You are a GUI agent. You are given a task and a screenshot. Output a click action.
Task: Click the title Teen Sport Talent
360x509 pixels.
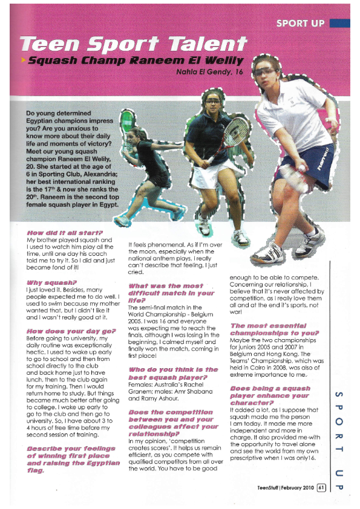click(x=134, y=44)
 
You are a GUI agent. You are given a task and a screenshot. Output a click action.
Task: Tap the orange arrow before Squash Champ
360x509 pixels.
click(x=23, y=60)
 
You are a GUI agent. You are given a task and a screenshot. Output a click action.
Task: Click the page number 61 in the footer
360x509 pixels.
click(x=321, y=486)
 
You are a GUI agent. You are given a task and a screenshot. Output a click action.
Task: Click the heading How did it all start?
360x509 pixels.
click(x=65, y=232)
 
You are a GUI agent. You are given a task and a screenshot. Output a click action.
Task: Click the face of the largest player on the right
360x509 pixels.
click(x=269, y=73)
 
